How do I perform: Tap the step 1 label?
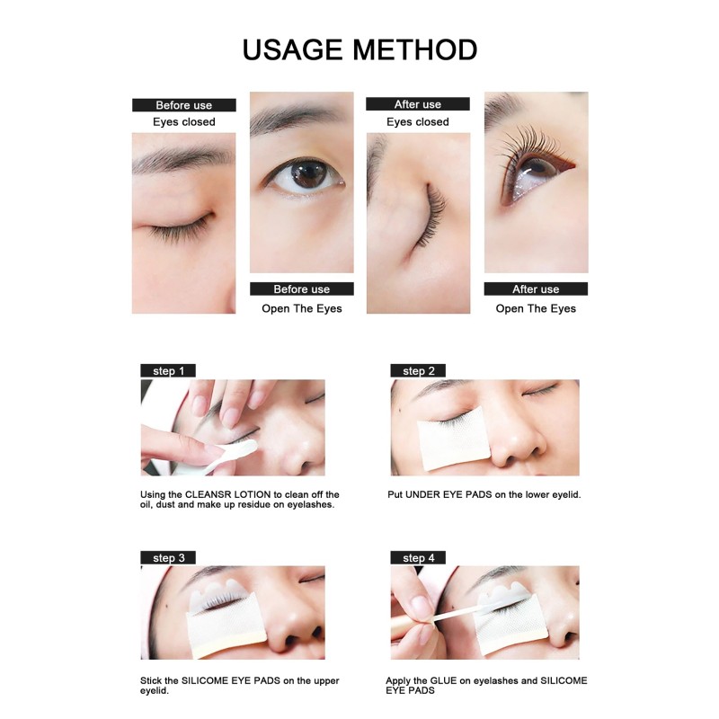coord(167,370)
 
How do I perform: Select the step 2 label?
coord(418,370)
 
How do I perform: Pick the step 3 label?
coord(167,557)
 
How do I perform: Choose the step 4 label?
coord(418,557)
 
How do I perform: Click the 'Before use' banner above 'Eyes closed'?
coord(184,105)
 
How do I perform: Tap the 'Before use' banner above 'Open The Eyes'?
coord(301,289)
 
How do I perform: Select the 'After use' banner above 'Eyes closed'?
coord(418,104)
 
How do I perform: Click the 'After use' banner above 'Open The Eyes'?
coord(536,289)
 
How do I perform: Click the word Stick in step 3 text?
coord(153,680)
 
